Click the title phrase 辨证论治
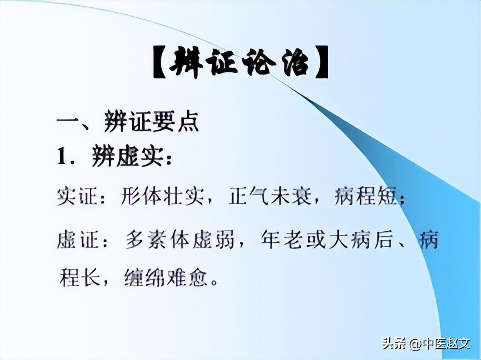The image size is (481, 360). (240, 63)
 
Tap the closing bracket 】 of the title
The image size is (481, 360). (321, 64)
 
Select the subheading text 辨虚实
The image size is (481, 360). (126, 157)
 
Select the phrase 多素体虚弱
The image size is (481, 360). (179, 240)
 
